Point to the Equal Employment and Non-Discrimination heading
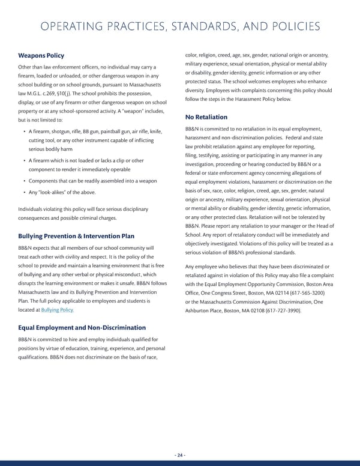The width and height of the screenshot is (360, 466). tap(82, 327)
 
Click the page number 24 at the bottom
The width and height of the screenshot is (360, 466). tap(179, 455)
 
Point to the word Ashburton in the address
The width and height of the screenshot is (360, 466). tap(203, 310)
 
